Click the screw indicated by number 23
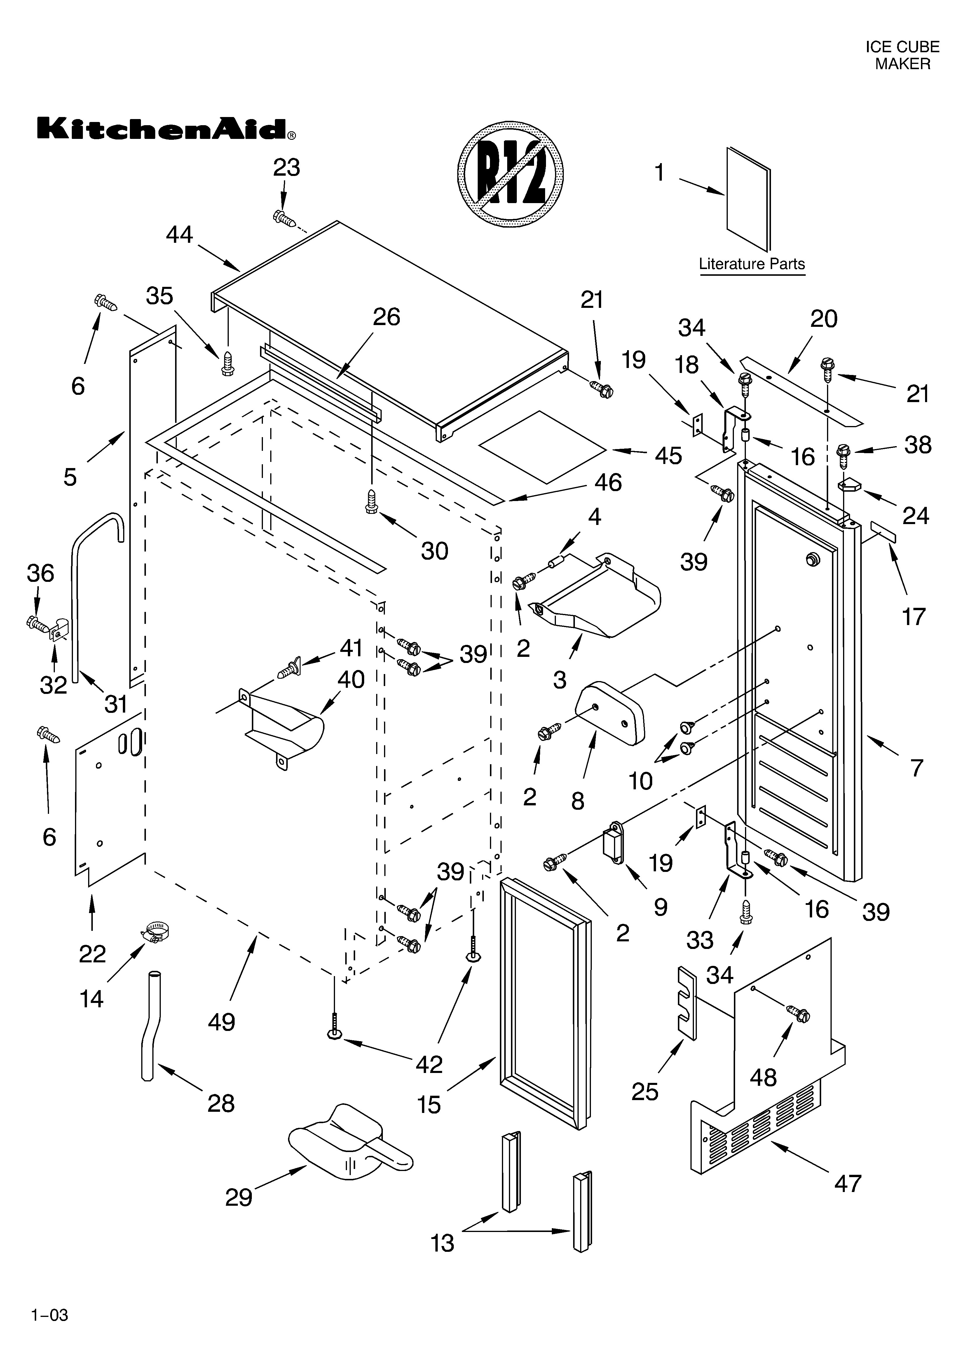(x=285, y=218)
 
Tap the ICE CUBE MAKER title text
(x=902, y=55)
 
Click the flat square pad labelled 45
(x=545, y=446)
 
